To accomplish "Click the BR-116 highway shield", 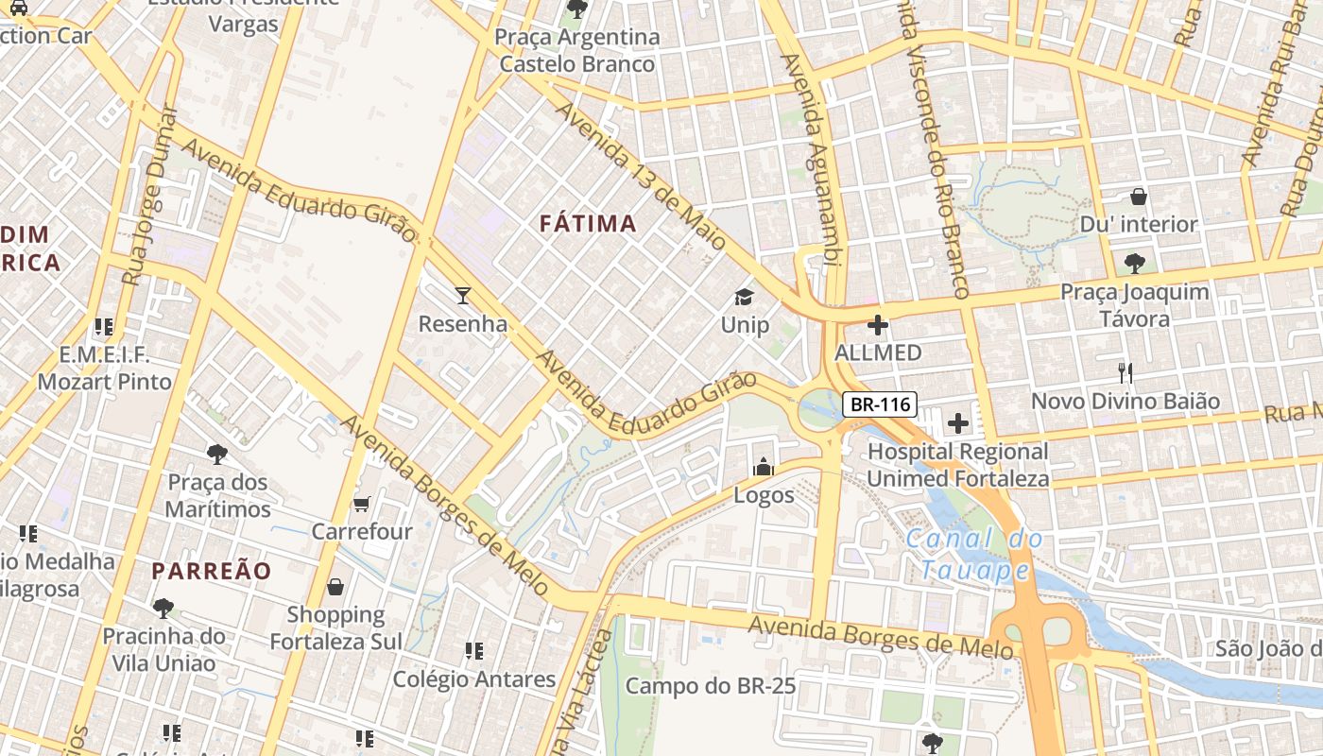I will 880,404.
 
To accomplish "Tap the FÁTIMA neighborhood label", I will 588,224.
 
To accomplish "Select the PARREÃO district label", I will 212,571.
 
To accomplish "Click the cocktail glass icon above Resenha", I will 462,296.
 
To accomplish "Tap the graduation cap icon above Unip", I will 745,297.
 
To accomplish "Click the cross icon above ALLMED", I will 878,326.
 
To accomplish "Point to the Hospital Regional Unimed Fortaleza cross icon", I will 958,422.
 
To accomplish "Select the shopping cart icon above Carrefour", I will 362,504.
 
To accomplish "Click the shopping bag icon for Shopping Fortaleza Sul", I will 335,587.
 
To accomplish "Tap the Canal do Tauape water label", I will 975,555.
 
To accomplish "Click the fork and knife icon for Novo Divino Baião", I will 1125,372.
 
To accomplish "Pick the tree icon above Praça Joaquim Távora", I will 1134,263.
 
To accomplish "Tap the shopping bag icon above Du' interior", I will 1139,197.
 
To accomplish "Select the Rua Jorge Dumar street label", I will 150,195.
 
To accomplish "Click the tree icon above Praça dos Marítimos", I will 217,455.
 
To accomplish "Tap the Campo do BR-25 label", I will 711,686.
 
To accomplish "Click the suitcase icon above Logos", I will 763,467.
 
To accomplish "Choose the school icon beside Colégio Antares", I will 474,650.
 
